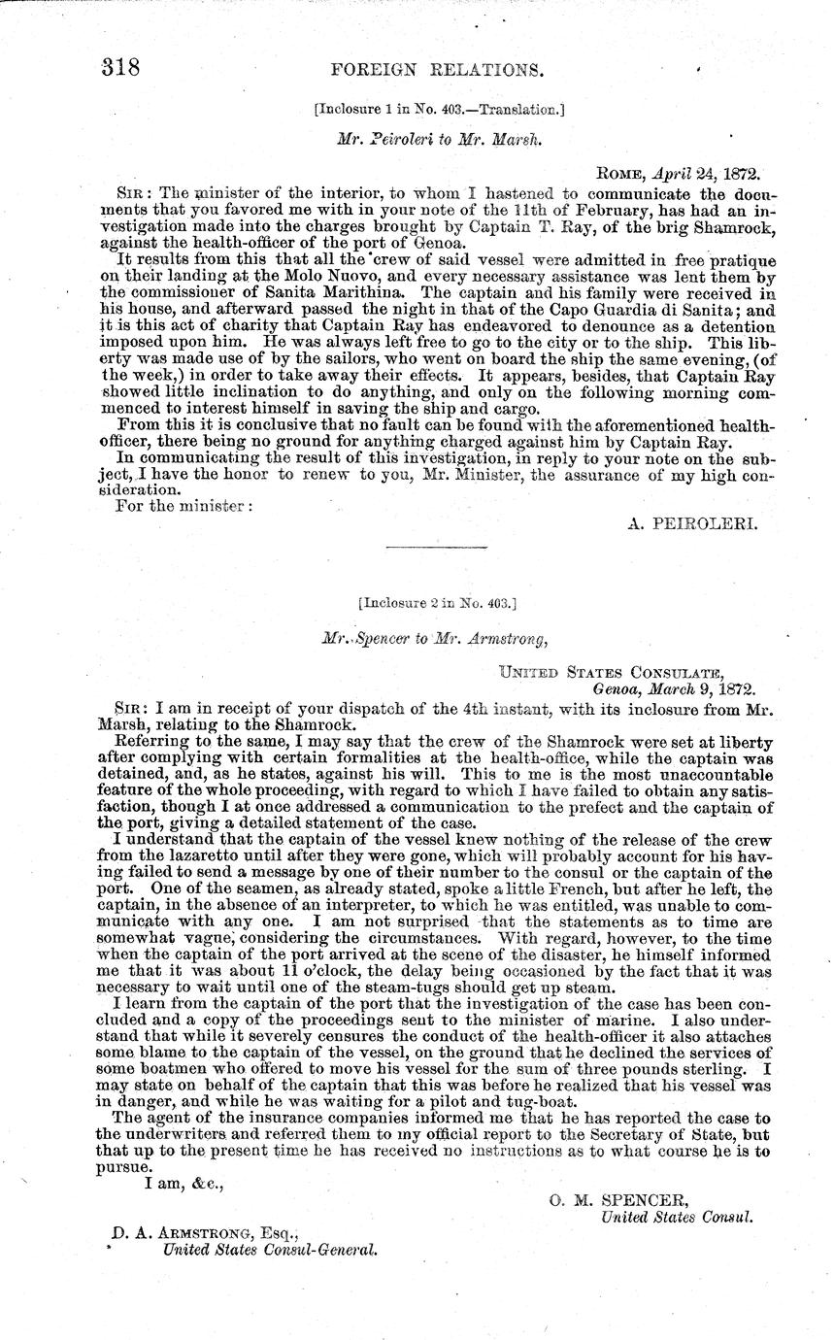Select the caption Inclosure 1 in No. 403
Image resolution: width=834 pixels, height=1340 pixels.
click(x=440, y=110)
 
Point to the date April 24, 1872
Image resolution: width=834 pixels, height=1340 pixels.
click(x=705, y=175)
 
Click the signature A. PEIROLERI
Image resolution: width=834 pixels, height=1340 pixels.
click(x=694, y=522)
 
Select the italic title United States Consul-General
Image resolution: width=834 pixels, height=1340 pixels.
click(x=269, y=1251)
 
